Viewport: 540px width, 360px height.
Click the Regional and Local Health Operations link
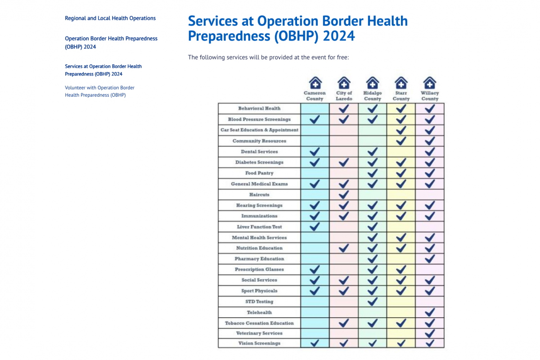[x=110, y=18]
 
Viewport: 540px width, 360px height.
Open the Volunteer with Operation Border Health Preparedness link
[x=99, y=91]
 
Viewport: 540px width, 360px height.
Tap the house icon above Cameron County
[x=315, y=83]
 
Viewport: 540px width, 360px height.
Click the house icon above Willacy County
[x=430, y=83]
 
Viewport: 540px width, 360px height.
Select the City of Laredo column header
[x=344, y=96]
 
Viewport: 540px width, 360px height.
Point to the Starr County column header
[x=401, y=96]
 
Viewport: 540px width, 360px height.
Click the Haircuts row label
[x=259, y=195]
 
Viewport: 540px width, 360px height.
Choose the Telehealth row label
[x=259, y=312]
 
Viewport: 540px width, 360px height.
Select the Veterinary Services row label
[x=259, y=333]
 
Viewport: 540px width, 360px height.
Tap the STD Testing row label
[x=259, y=301]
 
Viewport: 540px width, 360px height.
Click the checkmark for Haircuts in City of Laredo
[x=344, y=194]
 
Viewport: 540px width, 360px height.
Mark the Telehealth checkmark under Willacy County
[x=430, y=312]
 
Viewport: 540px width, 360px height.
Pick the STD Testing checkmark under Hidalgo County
[x=373, y=301]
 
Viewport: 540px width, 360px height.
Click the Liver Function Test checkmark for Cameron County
[x=315, y=226]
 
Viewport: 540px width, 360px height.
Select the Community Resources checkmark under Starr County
[x=401, y=140]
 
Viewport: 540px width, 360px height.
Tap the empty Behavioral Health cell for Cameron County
[x=315, y=108]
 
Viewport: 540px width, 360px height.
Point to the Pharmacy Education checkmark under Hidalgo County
[x=373, y=258]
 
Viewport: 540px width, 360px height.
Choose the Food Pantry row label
[x=259, y=173]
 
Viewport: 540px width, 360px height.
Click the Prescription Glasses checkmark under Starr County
[x=401, y=269]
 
